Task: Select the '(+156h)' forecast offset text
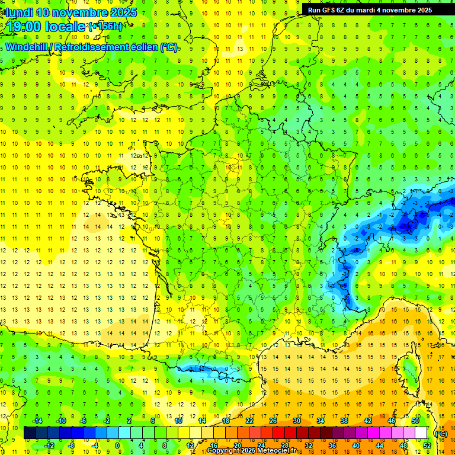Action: [105, 26]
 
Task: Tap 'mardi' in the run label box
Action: [374, 10]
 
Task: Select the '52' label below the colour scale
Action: [427, 446]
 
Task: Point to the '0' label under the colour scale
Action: [117, 446]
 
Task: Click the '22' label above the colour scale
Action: [250, 421]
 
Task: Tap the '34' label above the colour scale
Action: [321, 421]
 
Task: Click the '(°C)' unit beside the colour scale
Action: [441, 433]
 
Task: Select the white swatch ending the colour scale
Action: [421, 433]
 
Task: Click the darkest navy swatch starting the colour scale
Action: [30, 433]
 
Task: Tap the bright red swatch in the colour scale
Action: [278, 433]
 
